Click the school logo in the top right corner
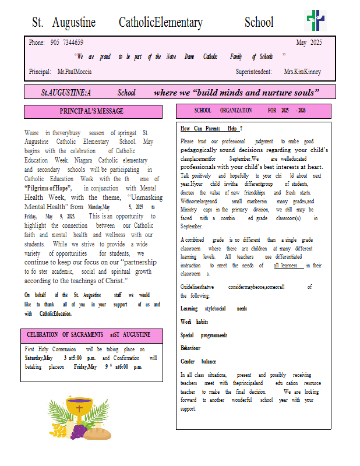point(315,21)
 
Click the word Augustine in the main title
point(74,23)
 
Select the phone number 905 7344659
point(66,43)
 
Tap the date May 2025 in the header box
point(309,43)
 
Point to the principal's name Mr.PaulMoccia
point(75,72)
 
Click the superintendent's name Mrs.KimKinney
point(302,72)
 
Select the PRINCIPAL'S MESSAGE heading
point(92,111)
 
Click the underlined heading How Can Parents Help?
point(211,128)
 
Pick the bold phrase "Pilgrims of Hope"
point(48,188)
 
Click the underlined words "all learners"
point(288,266)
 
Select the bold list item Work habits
point(194,322)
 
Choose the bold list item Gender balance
point(198,362)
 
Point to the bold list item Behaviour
point(190,348)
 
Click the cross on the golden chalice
point(79,409)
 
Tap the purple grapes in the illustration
point(77,432)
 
